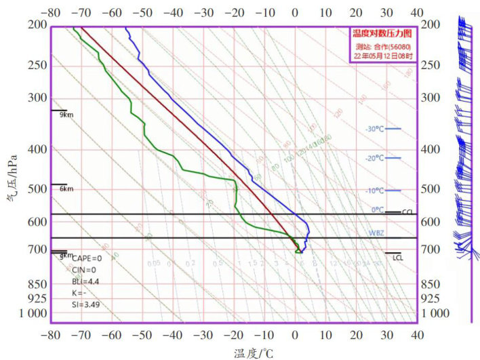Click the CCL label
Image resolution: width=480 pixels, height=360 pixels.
point(407,212)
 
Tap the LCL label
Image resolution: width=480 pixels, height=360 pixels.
point(397,258)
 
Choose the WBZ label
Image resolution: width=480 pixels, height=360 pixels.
point(377,232)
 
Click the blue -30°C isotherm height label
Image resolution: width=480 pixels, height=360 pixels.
point(374,129)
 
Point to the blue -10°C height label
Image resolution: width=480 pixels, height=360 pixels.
point(374,191)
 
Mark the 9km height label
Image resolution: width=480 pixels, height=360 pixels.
point(66,115)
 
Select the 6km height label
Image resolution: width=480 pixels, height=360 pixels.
point(66,189)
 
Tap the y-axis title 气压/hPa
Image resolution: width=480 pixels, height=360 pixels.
point(12,178)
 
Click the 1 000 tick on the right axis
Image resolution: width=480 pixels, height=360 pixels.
point(436,313)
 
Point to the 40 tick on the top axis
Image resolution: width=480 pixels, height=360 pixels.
point(417,12)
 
